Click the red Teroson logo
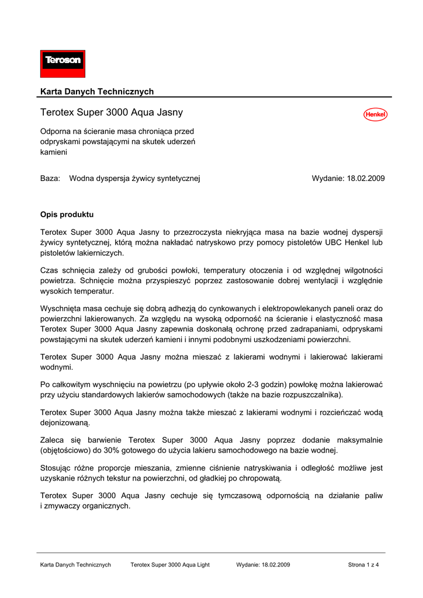click(63, 64)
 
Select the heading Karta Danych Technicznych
click(97, 92)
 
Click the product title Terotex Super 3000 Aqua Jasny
click(112, 112)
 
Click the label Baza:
click(50, 178)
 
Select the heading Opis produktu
click(67, 214)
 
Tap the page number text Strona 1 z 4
click(363, 565)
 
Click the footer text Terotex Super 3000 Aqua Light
click(170, 565)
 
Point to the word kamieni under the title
click(54, 152)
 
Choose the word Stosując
click(57, 468)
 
